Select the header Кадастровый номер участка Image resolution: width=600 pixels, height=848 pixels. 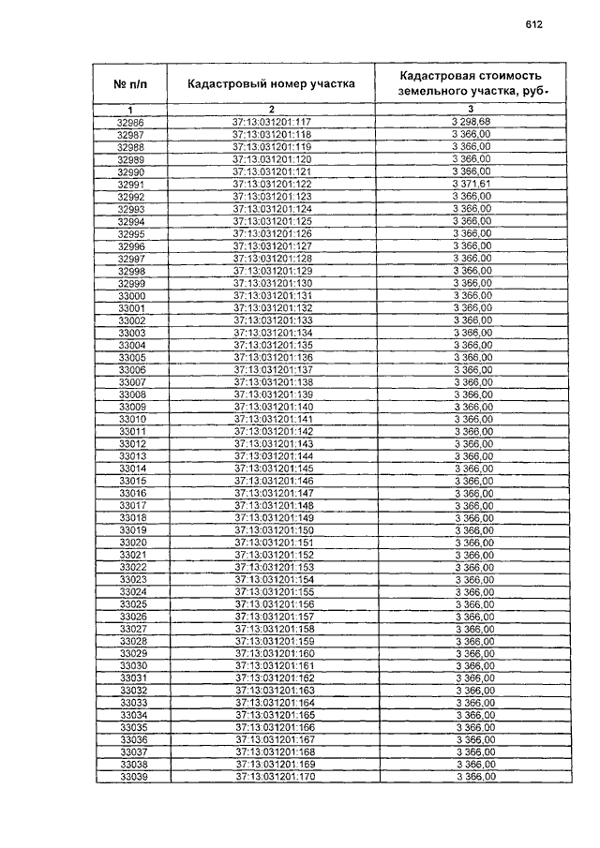(x=271, y=83)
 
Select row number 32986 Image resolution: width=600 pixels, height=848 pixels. (x=130, y=123)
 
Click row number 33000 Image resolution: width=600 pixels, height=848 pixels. (x=130, y=296)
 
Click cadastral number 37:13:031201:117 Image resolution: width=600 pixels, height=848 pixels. (x=271, y=123)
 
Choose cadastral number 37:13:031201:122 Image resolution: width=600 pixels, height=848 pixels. (x=271, y=185)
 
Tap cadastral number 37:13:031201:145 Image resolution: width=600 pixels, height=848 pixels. (x=273, y=469)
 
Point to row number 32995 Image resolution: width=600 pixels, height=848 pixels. (x=130, y=234)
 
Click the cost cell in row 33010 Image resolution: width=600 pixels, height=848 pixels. (x=472, y=419)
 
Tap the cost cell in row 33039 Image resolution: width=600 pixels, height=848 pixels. (x=474, y=777)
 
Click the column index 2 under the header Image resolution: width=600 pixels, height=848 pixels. (x=271, y=111)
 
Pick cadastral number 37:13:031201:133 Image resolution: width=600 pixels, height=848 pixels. (x=272, y=320)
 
